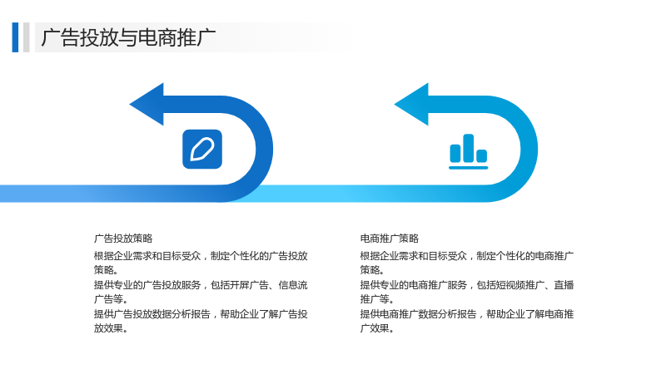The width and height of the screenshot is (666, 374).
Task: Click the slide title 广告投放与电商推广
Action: tap(128, 37)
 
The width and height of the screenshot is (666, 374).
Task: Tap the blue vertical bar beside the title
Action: tap(15, 37)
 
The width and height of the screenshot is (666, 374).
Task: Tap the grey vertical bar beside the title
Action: tap(27, 37)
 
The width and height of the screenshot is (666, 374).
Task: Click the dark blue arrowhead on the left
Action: tap(147, 105)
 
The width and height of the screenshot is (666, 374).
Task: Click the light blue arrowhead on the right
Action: tap(411, 105)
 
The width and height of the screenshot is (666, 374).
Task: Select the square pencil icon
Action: tap(202, 150)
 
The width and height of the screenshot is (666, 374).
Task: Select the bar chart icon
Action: tap(469, 152)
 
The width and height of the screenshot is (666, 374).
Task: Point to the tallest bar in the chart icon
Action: tap(469, 148)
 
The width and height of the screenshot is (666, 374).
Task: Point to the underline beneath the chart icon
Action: tap(469, 168)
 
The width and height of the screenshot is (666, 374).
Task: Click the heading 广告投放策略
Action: tap(123, 239)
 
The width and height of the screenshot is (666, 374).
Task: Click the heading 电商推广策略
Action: tap(390, 239)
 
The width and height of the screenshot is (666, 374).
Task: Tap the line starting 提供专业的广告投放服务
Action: tap(201, 285)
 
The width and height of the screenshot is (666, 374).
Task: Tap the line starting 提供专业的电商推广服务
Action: tap(467, 285)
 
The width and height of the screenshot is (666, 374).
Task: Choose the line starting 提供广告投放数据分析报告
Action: tap(201, 314)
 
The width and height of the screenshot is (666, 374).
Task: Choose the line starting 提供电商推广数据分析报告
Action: tap(467, 314)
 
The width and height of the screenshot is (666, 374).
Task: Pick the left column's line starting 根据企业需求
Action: tap(201, 256)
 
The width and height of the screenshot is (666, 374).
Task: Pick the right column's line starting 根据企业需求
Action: tap(467, 256)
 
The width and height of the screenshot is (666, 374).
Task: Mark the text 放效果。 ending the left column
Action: tap(111, 328)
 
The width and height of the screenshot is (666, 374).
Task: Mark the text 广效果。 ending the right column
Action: tap(377, 328)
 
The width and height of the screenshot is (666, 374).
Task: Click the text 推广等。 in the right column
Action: tap(377, 299)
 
